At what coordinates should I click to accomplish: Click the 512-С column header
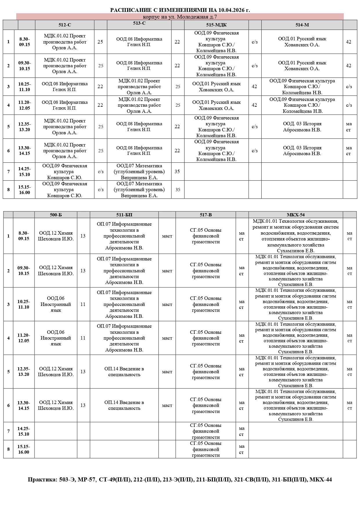pyautogui.click(x=65, y=25)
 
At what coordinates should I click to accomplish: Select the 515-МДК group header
pyautogui.click(x=216, y=25)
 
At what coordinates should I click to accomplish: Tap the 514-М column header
pyautogui.click(x=302, y=25)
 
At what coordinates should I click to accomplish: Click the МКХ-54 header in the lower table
pyautogui.click(x=296, y=215)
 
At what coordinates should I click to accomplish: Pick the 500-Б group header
pyautogui.click(x=56, y=215)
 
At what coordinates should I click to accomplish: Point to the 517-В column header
pyautogui.click(x=206, y=215)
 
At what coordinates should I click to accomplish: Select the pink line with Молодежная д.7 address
pyautogui.click(x=180, y=17)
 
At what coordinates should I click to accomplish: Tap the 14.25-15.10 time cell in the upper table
pyautogui.click(x=25, y=172)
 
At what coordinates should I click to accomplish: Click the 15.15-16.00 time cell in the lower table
pyautogui.click(x=24, y=449)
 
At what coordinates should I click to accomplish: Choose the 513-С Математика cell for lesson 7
pyautogui.click(x=139, y=172)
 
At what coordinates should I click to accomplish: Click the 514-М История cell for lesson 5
pyautogui.click(x=302, y=127)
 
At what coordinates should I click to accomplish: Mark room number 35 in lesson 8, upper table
pyautogui.click(x=178, y=190)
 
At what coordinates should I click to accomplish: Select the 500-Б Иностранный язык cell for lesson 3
pyautogui.click(x=56, y=304)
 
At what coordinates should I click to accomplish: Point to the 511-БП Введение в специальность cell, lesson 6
pyautogui.click(x=124, y=405)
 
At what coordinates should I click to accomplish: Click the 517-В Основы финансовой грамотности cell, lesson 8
pyautogui.click(x=206, y=449)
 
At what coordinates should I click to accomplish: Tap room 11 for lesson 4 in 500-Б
pyautogui.click(x=83, y=338)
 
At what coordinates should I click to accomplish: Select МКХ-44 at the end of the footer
pyautogui.click(x=321, y=479)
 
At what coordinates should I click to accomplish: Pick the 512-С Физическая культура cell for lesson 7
pyautogui.click(x=65, y=172)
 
